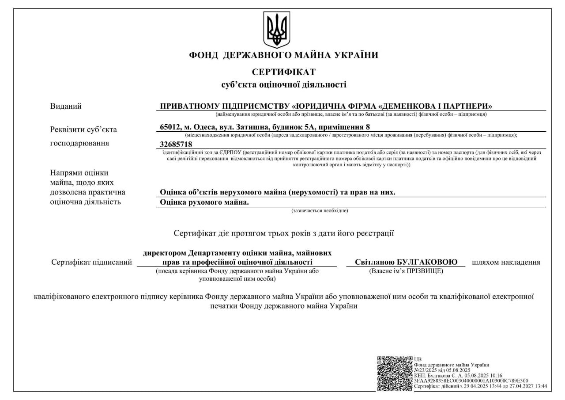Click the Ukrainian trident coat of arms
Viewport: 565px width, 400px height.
pos(277,30)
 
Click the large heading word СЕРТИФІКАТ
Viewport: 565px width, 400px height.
pos(283,72)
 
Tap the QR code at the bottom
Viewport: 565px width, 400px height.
pos(395,373)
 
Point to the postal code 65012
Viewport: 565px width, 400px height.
pos(170,127)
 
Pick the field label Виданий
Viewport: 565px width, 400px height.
pos(66,106)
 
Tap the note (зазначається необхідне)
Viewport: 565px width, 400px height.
pos(320,211)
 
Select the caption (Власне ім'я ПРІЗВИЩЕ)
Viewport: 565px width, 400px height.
pos(406,270)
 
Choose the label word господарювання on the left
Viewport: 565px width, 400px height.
pos(80,143)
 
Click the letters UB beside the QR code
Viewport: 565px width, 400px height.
pos(418,359)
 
